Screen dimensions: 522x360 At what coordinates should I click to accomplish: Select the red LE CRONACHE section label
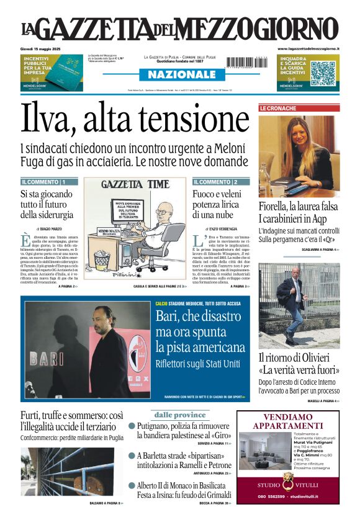278,108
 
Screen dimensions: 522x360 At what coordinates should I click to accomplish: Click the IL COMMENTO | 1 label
43,182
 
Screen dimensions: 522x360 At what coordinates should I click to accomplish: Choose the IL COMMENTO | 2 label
215,182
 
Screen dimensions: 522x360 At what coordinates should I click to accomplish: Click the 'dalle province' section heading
180,415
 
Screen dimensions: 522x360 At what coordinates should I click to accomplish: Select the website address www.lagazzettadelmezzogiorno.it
308,48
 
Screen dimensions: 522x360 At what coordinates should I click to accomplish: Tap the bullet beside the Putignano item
132,426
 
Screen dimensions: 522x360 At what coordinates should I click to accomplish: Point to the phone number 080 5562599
271,497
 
